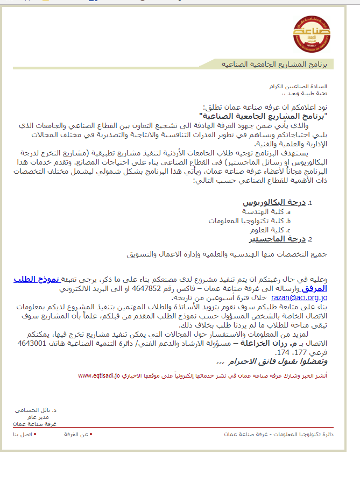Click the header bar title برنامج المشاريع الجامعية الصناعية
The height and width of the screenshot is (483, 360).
coord(277,65)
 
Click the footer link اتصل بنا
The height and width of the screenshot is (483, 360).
coord(23,434)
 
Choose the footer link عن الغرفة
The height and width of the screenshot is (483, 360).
coord(76,434)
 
